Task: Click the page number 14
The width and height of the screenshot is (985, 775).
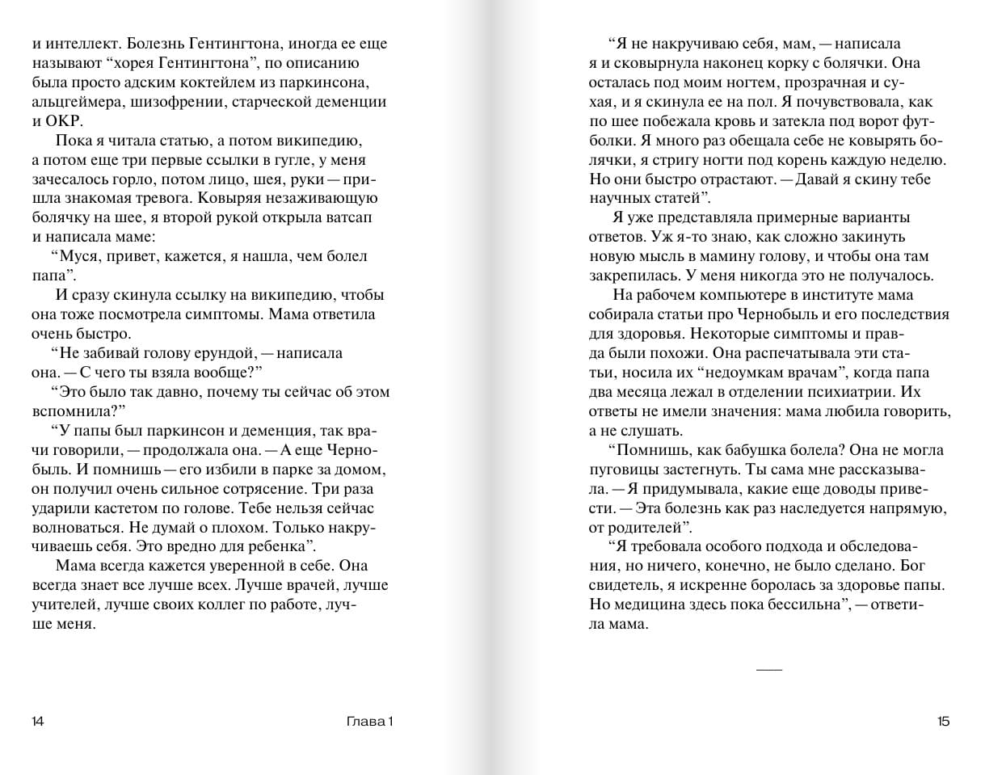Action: click(38, 722)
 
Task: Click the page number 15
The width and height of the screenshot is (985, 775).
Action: click(944, 722)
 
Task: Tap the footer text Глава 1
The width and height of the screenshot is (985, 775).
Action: click(367, 722)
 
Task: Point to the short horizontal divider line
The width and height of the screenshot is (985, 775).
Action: click(768, 669)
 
